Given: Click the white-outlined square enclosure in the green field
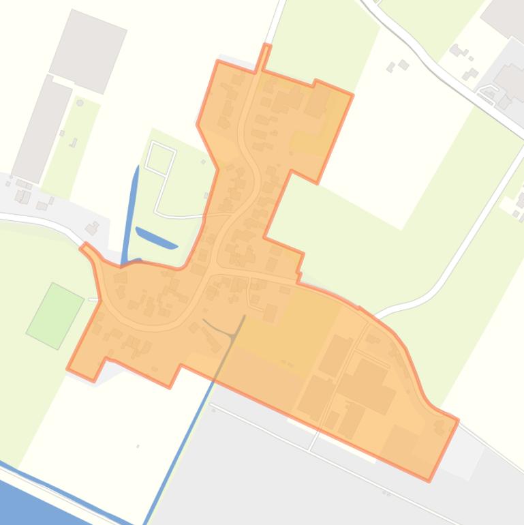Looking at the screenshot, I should [x=160, y=158].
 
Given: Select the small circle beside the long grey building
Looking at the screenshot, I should [x=80, y=103].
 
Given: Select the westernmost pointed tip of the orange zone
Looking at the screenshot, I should [x=68, y=369].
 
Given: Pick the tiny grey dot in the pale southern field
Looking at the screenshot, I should [x=138, y=447].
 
